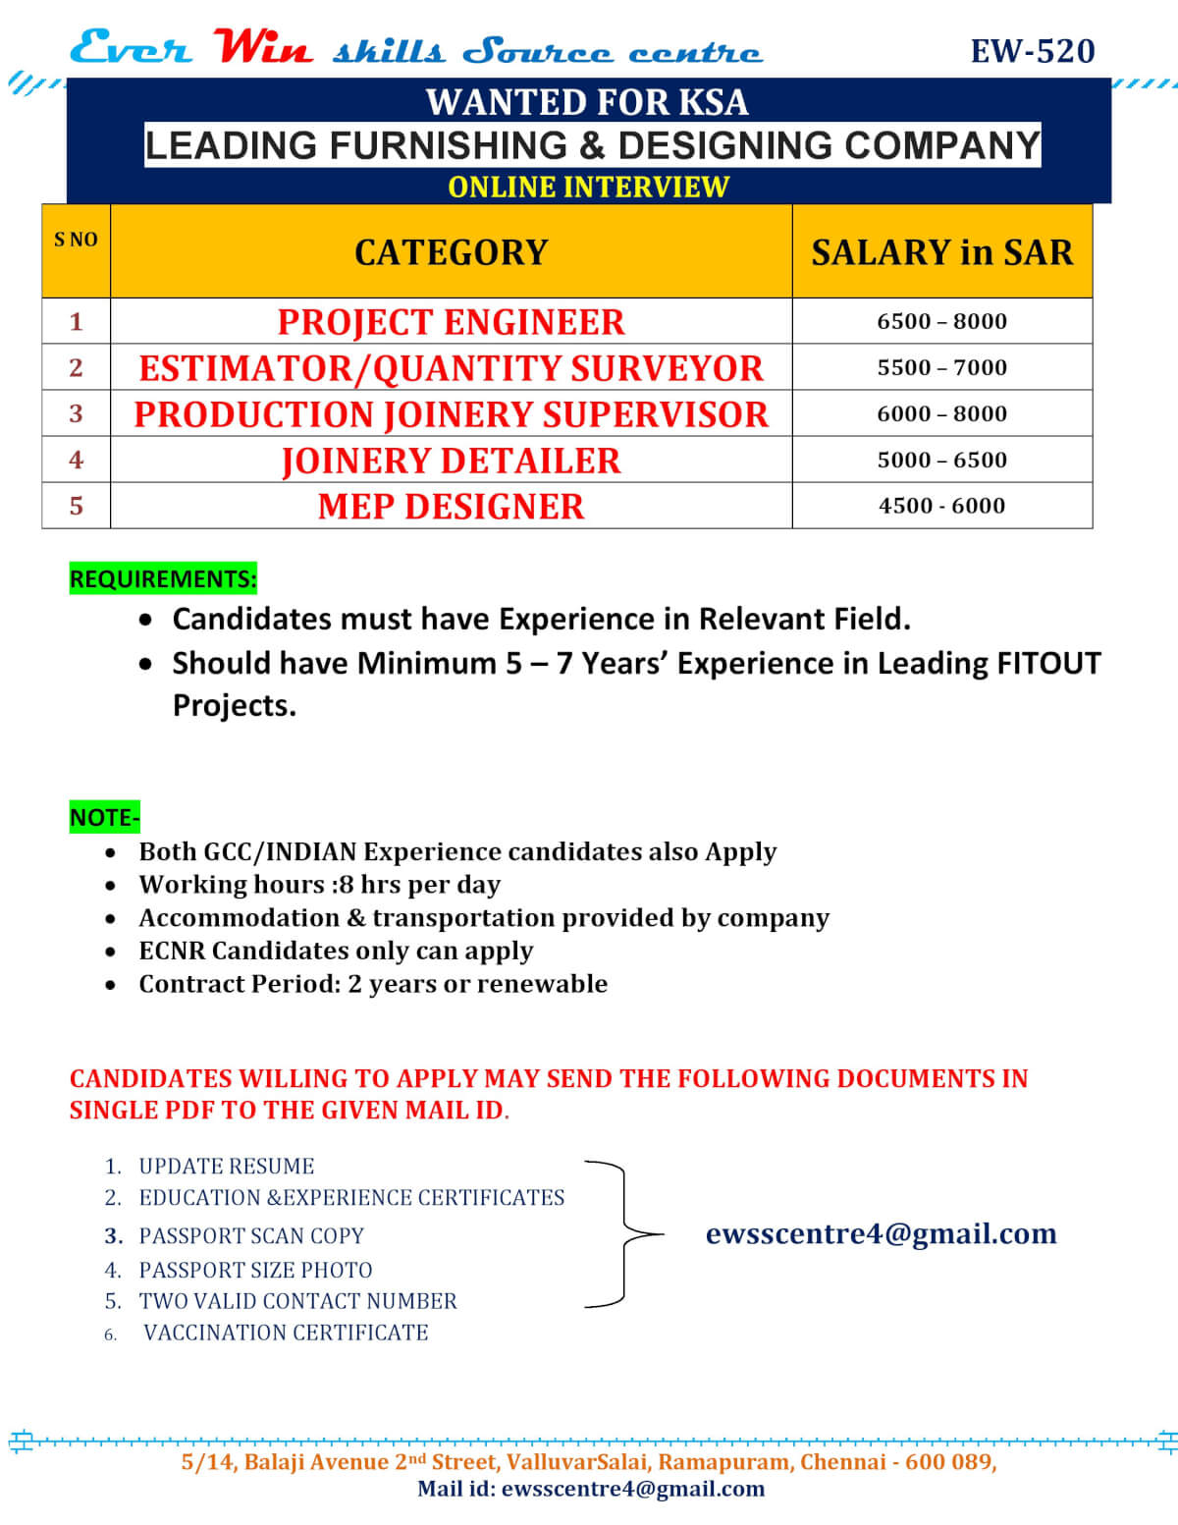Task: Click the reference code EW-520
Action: click(x=1032, y=51)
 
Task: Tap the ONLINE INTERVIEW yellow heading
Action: click(x=588, y=187)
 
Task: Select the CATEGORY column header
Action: click(x=451, y=252)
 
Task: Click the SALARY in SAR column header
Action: click(x=941, y=252)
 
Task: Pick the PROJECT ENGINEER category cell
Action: click(x=451, y=322)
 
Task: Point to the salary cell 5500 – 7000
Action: click(x=941, y=367)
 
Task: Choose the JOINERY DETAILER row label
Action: click(x=451, y=461)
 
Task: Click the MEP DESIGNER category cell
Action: click(x=451, y=507)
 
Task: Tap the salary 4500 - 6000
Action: click(x=941, y=506)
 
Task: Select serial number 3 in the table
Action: click(x=76, y=413)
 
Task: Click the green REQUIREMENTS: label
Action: click(x=163, y=578)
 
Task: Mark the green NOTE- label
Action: click(x=105, y=817)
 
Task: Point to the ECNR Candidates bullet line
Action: click(x=336, y=951)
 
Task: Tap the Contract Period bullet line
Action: click(x=373, y=984)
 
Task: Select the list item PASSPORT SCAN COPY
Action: click(x=251, y=1235)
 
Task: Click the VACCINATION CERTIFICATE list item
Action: click(x=286, y=1333)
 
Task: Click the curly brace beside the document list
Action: click(x=624, y=1234)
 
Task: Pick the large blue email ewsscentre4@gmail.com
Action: click(x=881, y=1233)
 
